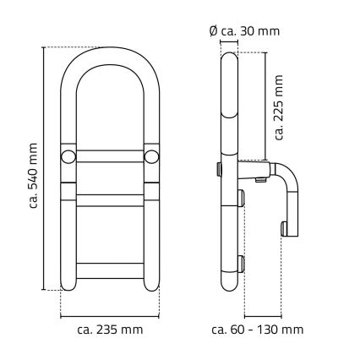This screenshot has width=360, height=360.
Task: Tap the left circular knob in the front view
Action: point(68,157)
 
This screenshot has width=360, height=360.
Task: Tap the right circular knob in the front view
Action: point(150,157)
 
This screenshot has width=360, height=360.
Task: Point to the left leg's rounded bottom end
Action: point(69,285)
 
